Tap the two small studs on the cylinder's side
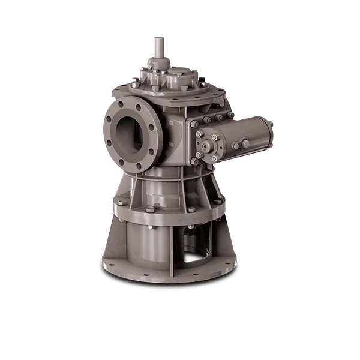point(240,145)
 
